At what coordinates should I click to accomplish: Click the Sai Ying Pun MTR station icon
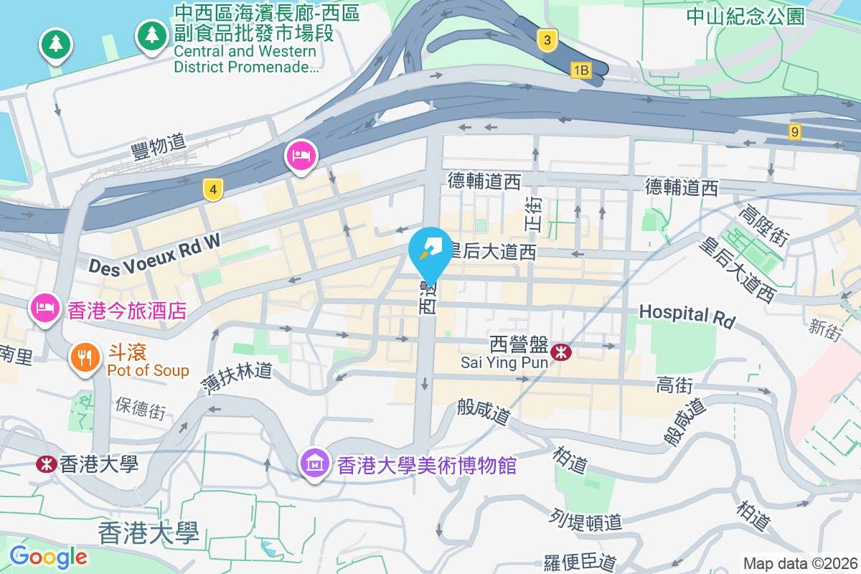tap(561, 352)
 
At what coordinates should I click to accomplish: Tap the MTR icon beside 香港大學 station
tap(47, 464)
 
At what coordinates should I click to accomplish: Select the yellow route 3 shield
tap(547, 41)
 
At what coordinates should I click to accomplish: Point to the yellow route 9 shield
tap(794, 132)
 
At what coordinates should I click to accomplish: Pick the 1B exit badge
tap(580, 70)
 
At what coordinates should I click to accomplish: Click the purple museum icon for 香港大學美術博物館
tap(315, 464)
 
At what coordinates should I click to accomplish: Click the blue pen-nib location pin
tap(430, 251)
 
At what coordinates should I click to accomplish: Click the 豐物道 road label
tap(159, 147)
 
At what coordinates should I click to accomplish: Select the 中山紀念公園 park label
tap(745, 17)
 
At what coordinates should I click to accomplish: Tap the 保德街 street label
tap(141, 407)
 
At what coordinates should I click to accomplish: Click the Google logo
tap(48, 557)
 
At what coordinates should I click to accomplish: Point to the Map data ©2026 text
tap(800, 563)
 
